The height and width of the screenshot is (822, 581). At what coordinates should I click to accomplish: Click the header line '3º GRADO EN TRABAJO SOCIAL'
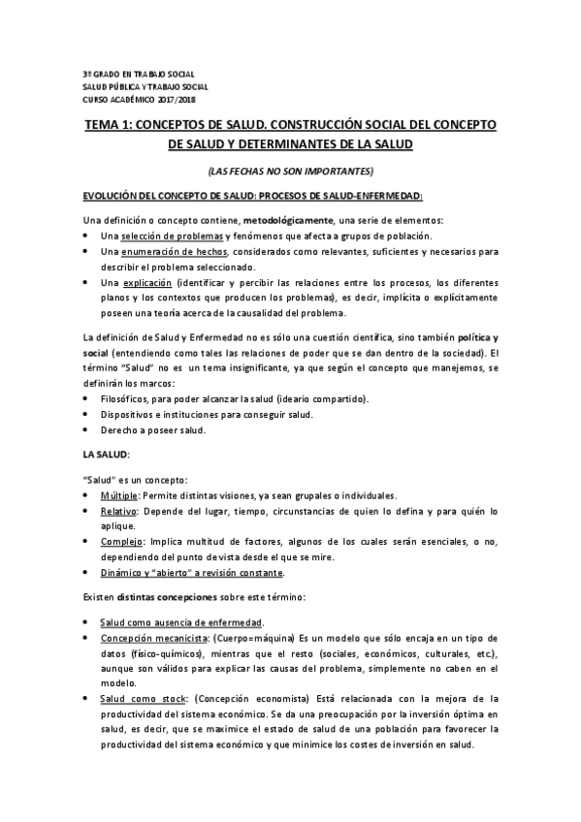point(138,75)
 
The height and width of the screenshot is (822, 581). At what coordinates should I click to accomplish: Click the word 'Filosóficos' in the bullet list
point(126,400)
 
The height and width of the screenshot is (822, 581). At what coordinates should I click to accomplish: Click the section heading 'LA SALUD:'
point(107,455)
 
